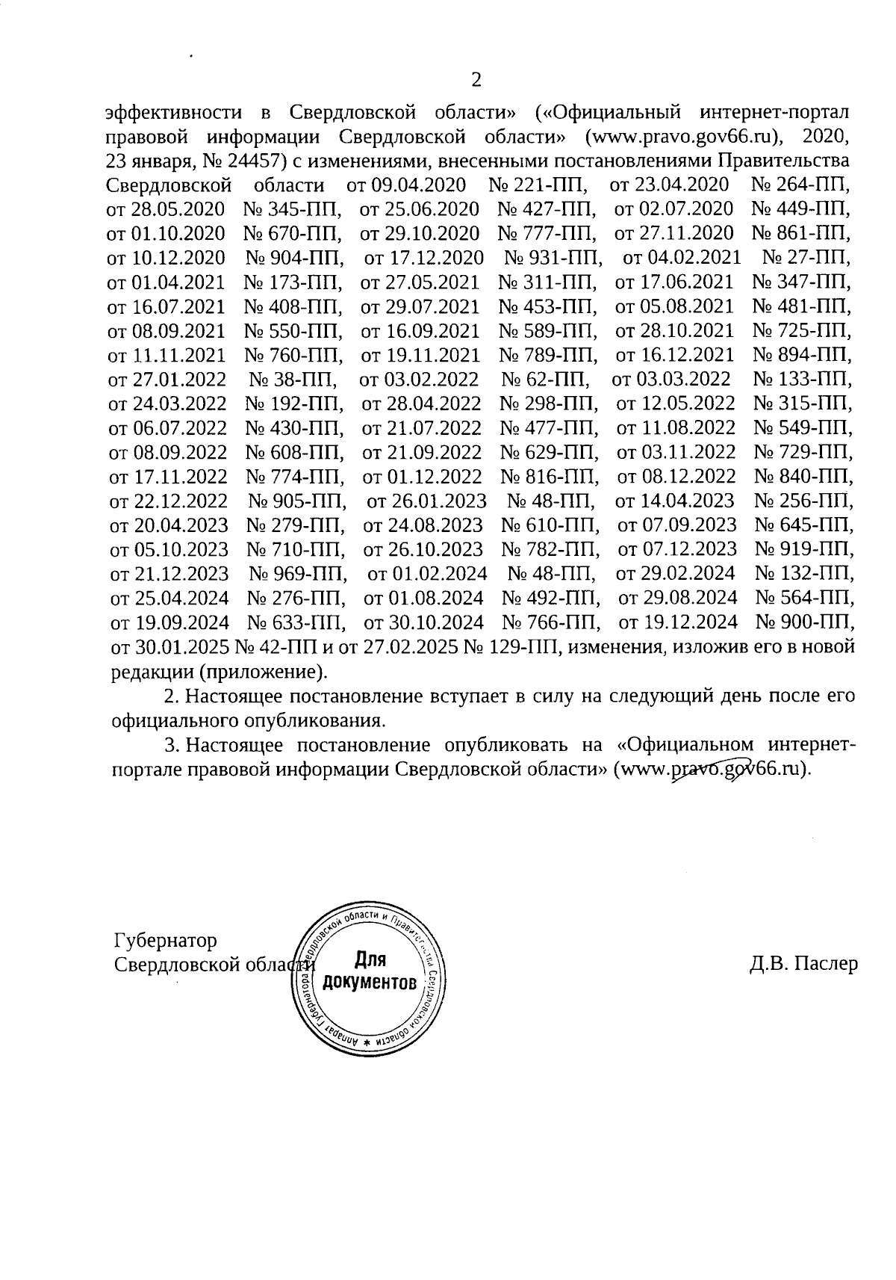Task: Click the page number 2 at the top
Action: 476,80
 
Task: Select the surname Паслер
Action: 826,964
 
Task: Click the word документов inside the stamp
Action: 369,981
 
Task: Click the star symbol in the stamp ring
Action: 367,1041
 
